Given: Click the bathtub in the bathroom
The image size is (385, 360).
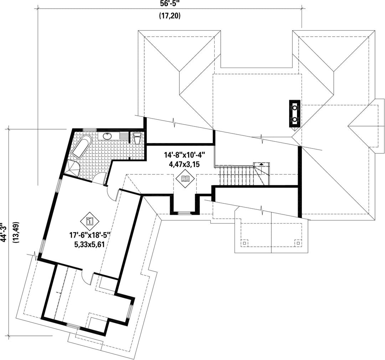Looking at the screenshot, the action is tap(81, 146).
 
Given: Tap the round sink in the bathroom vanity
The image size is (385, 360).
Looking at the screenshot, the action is tap(107, 136).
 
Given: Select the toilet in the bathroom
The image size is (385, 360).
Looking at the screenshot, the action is tap(137, 138).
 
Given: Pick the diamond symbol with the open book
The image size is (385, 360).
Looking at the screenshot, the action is tap(185, 179).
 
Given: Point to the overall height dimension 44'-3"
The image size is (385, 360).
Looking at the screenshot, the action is tap(3, 232).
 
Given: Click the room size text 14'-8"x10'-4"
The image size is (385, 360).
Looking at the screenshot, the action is tap(184, 155).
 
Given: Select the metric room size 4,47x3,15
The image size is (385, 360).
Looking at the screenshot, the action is tap(184, 164).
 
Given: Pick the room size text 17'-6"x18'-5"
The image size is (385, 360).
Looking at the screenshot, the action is tap(89, 235).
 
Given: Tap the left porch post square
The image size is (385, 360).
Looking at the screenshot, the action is tap(244, 243).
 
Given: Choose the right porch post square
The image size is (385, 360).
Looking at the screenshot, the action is tap(298, 243).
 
